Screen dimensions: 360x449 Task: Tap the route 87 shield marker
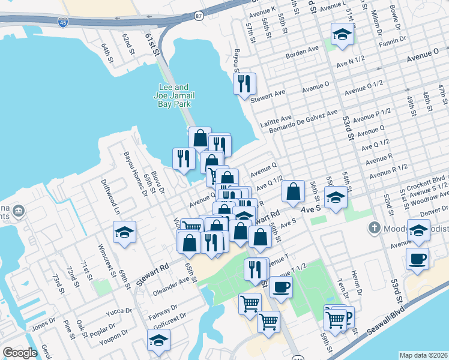coord(199,16)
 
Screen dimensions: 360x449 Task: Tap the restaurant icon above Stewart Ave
coord(244,84)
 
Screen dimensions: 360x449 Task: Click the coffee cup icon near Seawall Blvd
coord(417,259)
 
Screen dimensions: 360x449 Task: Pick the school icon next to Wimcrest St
coord(124,232)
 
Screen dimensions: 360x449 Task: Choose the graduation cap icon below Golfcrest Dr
coord(158,340)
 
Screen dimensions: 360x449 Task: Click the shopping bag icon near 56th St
coord(294,192)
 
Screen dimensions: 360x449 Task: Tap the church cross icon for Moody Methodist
coord(375,228)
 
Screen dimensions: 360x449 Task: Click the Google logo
coord(20,353)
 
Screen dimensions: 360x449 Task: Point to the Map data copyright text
coord(424,355)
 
